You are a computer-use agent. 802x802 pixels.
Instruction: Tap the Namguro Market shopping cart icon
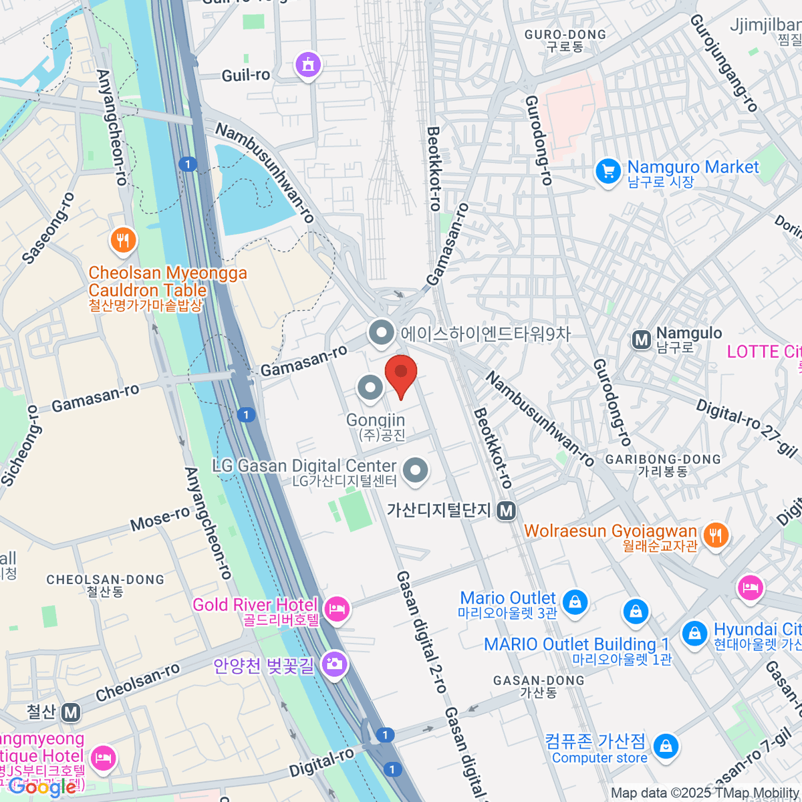(x=608, y=172)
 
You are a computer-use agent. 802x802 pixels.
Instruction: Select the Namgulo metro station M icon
(x=642, y=340)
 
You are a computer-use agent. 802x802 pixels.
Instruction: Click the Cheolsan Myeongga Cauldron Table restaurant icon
(x=122, y=240)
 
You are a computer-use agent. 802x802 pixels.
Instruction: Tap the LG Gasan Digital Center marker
(x=416, y=470)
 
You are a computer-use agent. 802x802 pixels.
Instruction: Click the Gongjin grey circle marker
(x=370, y=387)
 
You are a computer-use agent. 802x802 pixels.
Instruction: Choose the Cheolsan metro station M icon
(x=71, y=712)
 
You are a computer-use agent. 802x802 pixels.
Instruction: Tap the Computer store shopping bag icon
(x=666, y=747)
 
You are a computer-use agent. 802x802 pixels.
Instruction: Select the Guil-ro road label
(x=245, y=75)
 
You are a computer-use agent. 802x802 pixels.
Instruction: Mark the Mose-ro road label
(x=160, y=518)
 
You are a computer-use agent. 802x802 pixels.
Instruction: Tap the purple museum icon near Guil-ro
(x=307, y=65)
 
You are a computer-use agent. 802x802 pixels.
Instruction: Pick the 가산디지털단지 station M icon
(x=507, y=511)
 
